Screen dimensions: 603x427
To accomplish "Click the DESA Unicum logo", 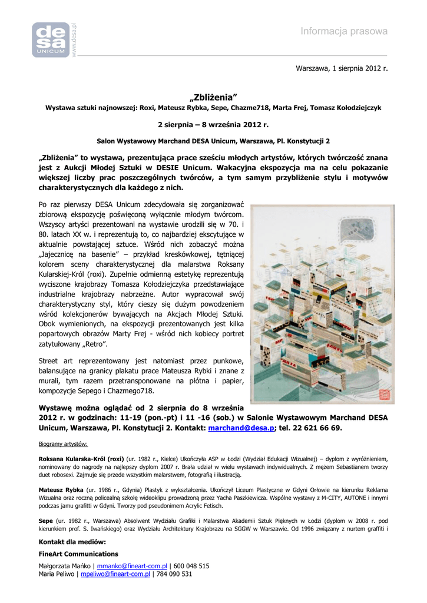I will pos(51,40).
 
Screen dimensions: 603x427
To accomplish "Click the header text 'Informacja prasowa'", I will pos(344,31).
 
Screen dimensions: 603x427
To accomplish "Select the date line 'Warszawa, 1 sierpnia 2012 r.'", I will pos(342,69).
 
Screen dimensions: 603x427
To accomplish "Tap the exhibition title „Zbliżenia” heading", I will pos(213,97).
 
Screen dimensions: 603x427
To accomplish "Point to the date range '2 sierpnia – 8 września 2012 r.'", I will pos(213,125).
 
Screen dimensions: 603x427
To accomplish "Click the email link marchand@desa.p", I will pos(241,428).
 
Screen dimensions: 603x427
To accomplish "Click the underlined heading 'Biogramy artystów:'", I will pos(63,443).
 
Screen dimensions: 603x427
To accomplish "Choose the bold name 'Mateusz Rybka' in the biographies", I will pos(61,489).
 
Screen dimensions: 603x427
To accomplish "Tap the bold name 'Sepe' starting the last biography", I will pos(45,521).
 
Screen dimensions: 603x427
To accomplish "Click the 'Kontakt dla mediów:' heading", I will pos(72,541).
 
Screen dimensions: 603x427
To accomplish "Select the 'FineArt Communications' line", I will pos(78,554).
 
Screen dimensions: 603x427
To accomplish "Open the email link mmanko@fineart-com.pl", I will pos(132,566).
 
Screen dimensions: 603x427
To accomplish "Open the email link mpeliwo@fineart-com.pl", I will pos(115,574).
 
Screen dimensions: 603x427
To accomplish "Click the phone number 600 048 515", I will pos(191,566).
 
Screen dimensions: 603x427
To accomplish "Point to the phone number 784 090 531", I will pos(174,574).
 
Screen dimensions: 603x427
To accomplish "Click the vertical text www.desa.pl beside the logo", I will pos(75,40).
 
